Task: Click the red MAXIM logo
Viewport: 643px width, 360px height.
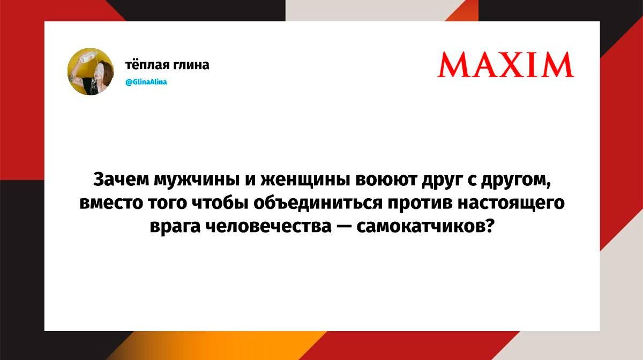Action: (505, 65)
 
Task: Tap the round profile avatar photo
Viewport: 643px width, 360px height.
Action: (91, 71)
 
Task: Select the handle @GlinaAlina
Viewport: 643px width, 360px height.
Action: (146, 82)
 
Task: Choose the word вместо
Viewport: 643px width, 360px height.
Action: (111, 203)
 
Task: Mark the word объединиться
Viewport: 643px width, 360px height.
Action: (318, 202)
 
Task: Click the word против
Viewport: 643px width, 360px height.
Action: (420, 204)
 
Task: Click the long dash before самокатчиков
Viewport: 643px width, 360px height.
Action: (344, 227)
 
